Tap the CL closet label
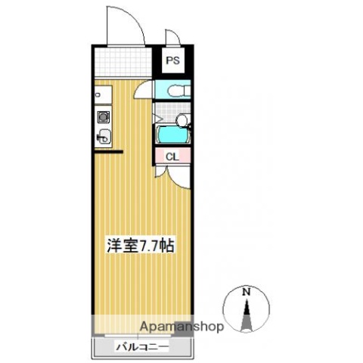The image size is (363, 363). (x=172, y=157)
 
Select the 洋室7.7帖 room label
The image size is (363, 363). (x=140, y=247)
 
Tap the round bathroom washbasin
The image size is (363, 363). (x=181, y=119)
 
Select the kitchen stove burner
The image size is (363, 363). (x=102, y=117)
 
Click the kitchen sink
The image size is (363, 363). (x=103, y=138)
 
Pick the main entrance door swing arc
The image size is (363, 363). (x=121, y=19)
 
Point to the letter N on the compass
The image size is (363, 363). (x=246, y=291)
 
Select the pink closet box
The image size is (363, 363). (x=172, y=157)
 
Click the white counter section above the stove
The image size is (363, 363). (x=102, y=96)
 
